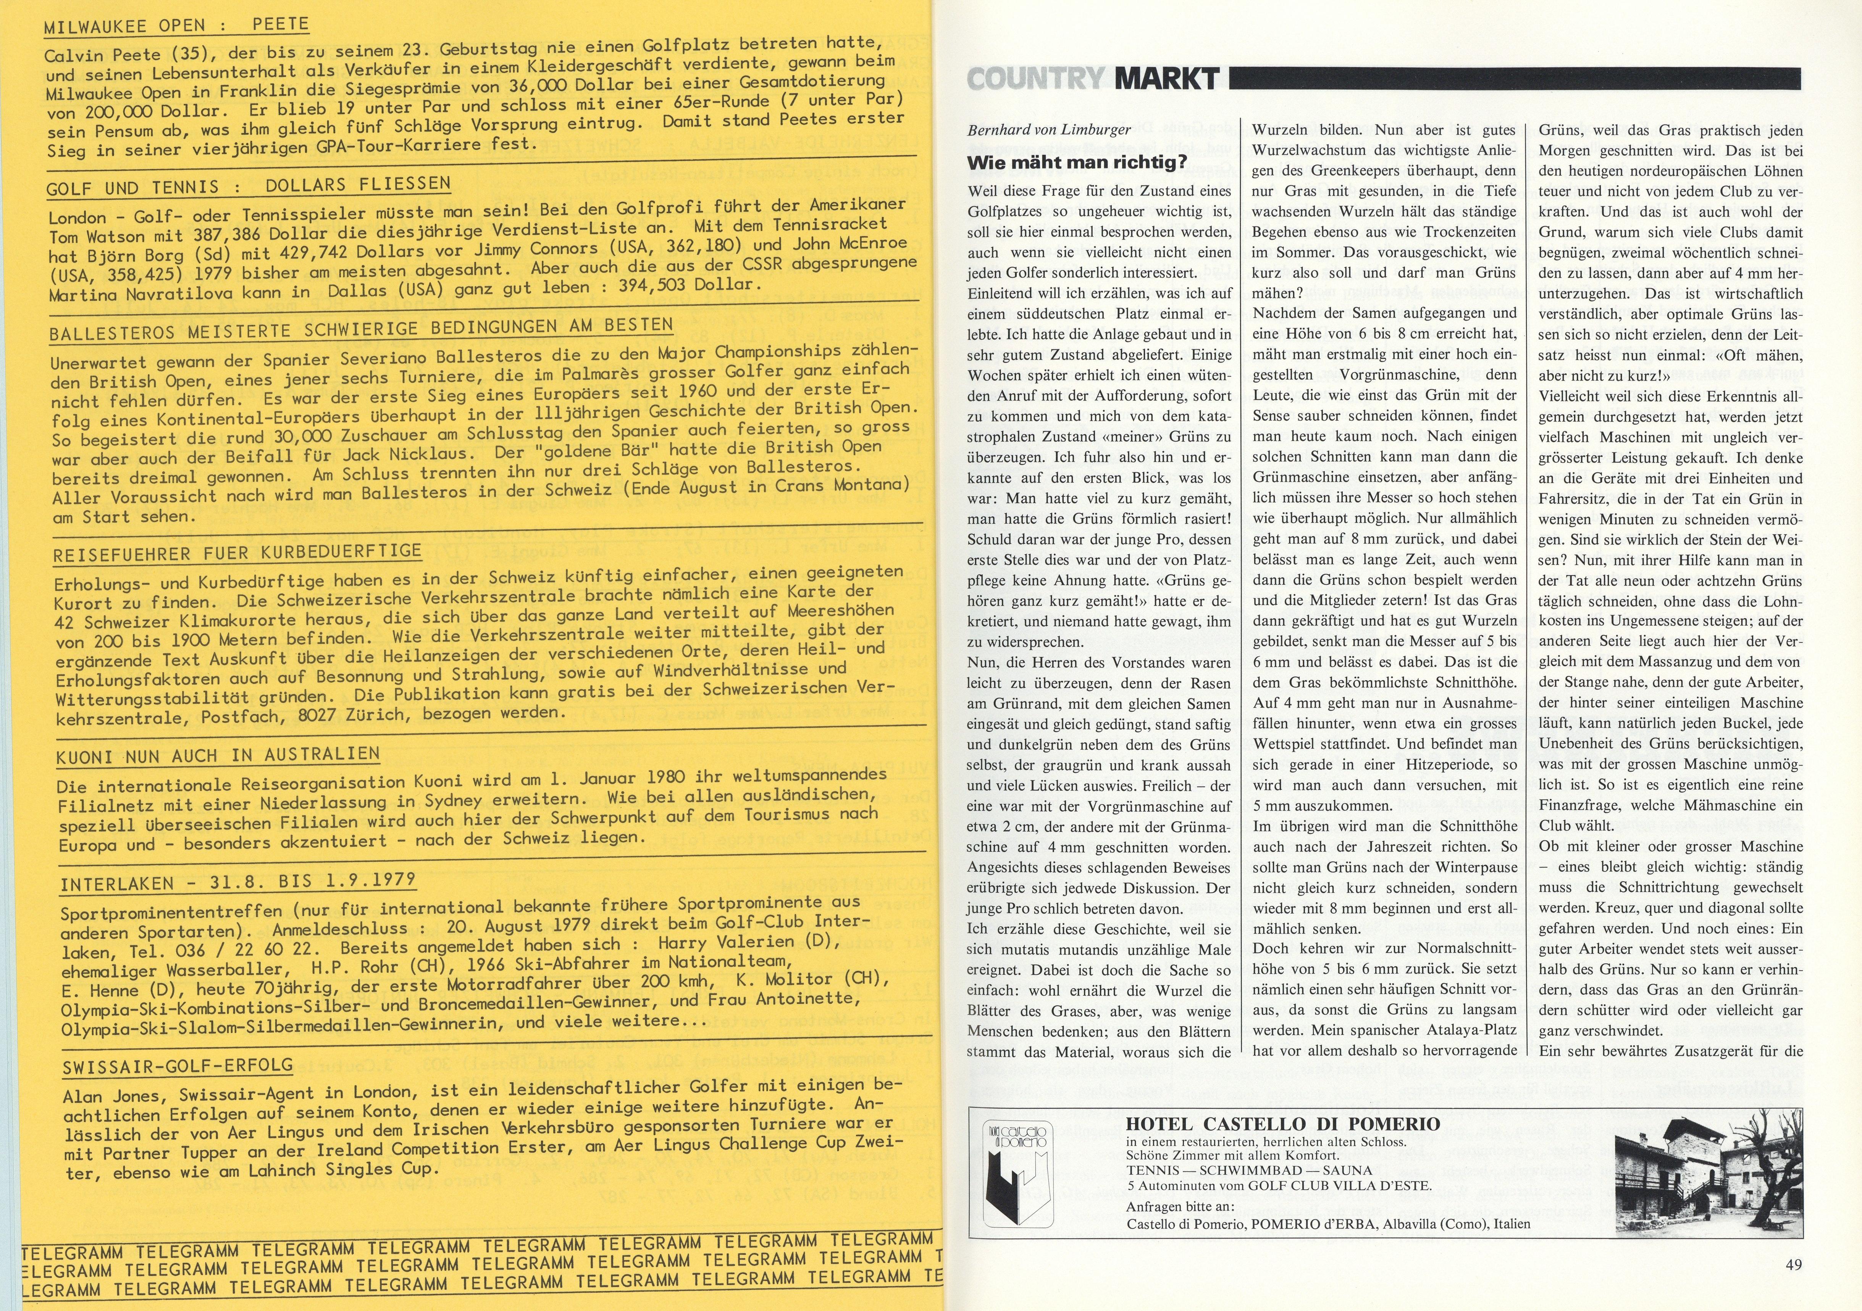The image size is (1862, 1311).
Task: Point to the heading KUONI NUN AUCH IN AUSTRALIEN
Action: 217,756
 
